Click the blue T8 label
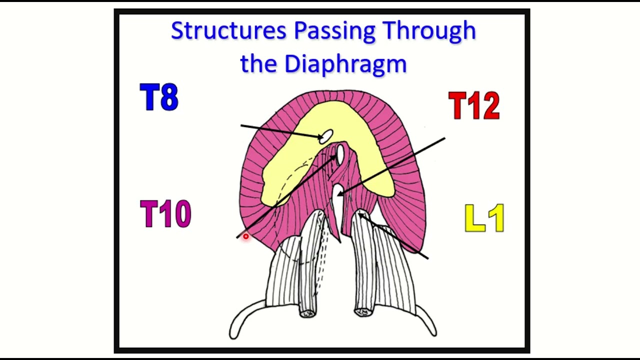tap(159, 97)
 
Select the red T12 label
tap(474, 105)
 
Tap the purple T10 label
tap(165, 213)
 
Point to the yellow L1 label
tap(484, 217)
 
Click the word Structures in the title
tap(228, 30)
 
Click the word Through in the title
tap(429, 31)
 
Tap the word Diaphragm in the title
tap(345, 64)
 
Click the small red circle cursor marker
tap(245, 236)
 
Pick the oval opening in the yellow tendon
tap(326, 136)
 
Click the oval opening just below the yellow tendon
tap(340, 154)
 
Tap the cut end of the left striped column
tap(307, 313)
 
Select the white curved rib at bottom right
tap(426, 320)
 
